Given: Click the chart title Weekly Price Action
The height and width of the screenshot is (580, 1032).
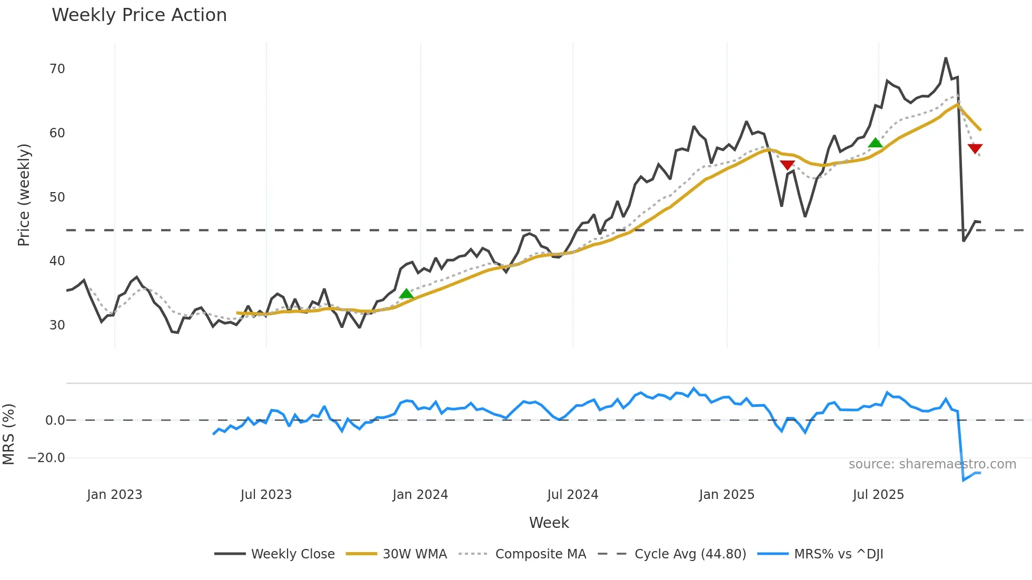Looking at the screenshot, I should (139, 15).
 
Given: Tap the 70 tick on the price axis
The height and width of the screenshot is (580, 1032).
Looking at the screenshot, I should (57, 69).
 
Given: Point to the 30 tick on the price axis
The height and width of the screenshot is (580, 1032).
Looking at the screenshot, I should (57, 325).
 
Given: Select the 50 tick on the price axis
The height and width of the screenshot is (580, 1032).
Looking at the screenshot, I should (57, 197).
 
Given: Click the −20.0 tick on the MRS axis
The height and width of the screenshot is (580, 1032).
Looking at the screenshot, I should (46, 458).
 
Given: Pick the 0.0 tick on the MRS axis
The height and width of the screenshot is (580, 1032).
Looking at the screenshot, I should (55, 421).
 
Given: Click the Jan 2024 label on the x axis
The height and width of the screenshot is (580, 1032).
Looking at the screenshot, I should (420, 495).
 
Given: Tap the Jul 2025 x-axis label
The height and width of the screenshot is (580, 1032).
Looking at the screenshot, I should (878, 495).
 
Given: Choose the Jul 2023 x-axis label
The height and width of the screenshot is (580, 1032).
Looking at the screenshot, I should (266, 495).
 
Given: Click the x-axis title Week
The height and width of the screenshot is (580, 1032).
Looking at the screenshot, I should (549, 523).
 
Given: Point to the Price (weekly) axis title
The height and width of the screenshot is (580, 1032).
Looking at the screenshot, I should (24, 195).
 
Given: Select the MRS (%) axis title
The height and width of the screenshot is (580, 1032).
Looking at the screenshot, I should (8, 434).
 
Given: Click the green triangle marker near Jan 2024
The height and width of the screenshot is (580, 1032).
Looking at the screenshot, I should (406, 294).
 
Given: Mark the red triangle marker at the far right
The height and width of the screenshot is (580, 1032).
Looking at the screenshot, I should (975, 148).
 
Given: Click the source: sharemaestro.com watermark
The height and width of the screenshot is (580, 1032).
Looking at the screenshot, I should (932, 464).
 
